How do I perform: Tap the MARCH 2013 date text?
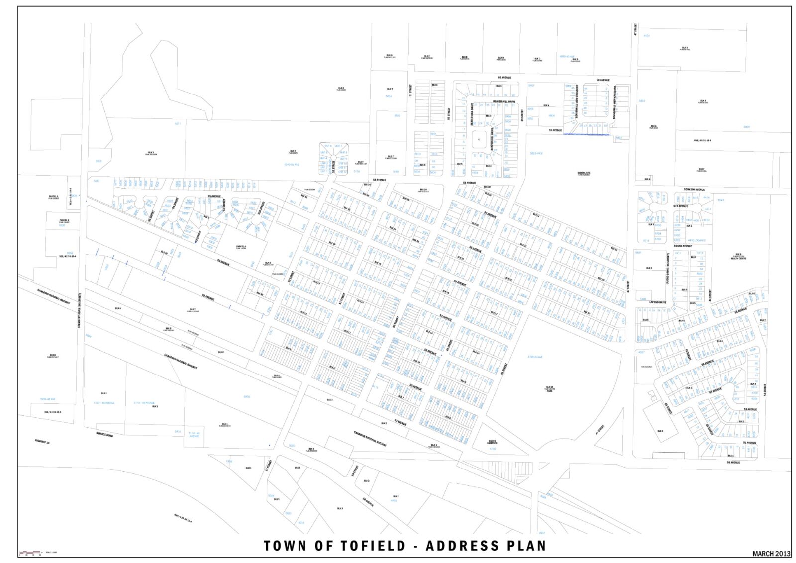771,553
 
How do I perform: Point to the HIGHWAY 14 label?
42,441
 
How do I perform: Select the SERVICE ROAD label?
104,435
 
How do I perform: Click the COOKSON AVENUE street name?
694,189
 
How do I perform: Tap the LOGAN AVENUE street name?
683,246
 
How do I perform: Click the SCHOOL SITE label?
584,174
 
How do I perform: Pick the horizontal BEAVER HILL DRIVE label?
504,101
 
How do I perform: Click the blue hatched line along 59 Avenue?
586,134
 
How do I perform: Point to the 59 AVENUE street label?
555,130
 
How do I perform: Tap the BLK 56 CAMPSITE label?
492,442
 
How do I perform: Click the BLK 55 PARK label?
549,388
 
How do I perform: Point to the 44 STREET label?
710,295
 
